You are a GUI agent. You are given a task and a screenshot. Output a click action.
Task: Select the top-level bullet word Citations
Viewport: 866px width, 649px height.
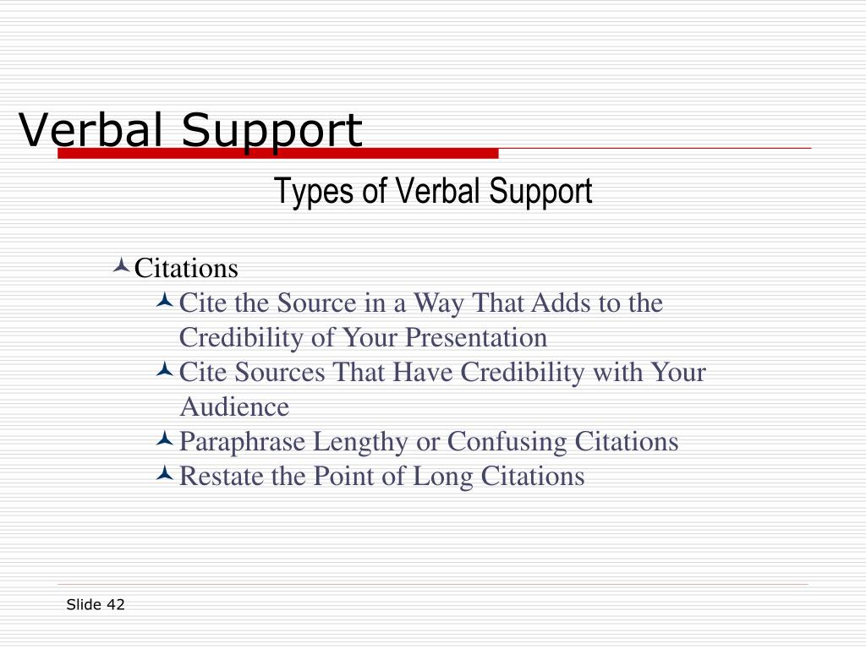tap(187, 269)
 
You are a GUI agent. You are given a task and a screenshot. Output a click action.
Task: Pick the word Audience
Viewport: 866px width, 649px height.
tap(234, 407)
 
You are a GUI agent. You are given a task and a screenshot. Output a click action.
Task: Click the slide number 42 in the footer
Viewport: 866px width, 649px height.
tap(116, 604)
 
